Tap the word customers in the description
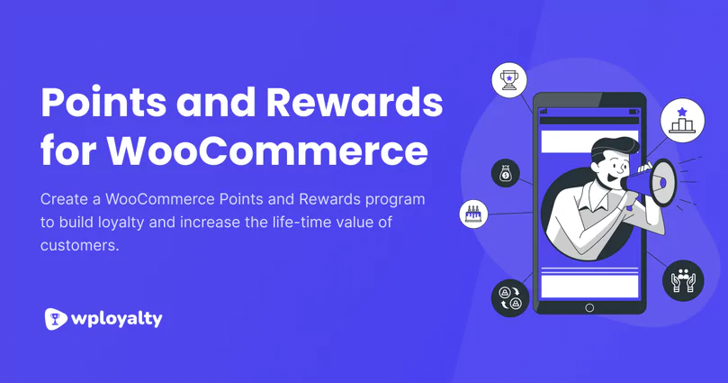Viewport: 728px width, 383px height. pyautogui.click(x=77, y=245)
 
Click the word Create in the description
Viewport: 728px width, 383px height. pyautogui.click(x=63, y=198)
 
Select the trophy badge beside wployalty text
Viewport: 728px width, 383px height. pyautogui.click(x=56, y=318)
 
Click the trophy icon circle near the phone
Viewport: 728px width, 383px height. pyautogui.click(x=508, y=79)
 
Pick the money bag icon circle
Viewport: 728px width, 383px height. pyautogui.click(x=505, y=174)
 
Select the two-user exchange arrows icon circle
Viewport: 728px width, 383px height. pyautogui.click(x=509, y=297)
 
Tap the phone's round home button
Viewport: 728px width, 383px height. pyautogui.click(x=589, y=307)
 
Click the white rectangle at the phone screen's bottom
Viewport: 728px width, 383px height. pyautogui.click(x=589, y=286)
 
